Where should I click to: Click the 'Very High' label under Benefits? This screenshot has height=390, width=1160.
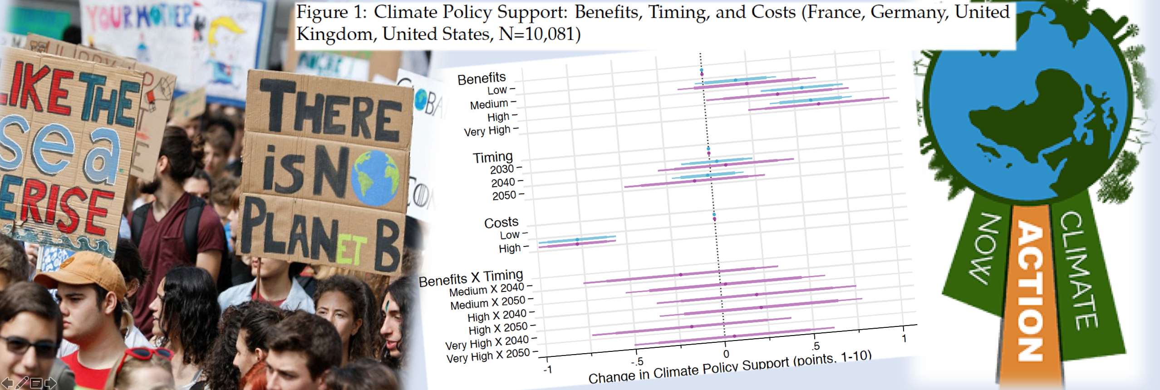[x=487, y=131]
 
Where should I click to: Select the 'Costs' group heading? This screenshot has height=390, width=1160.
[x=501, y=223]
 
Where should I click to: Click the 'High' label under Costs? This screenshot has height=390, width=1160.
[x=510, y=248]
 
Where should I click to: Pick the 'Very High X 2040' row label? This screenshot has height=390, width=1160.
[x=487, y=343]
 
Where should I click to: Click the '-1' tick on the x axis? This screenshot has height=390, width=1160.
[x=548, y=370]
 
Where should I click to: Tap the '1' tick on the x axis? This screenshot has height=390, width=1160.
[x=904, y=338]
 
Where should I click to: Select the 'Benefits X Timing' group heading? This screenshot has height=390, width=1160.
[x=471, y=278]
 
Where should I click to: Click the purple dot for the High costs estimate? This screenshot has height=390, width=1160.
[x=577, y=244]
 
